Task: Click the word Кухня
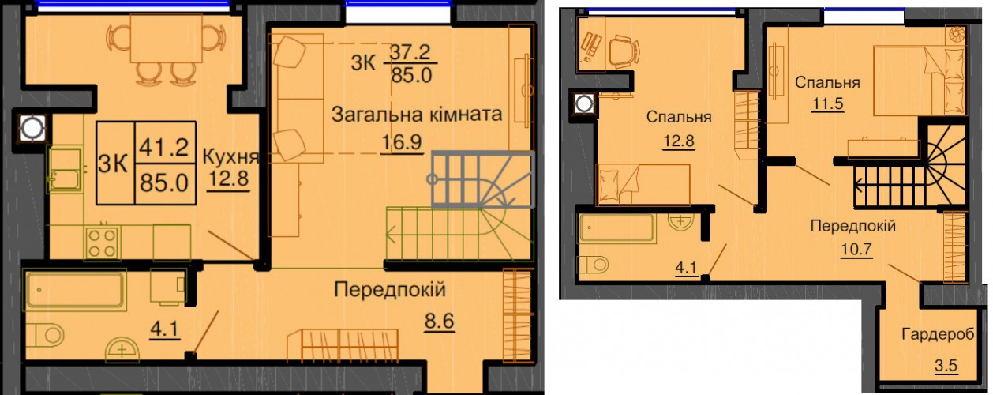point(230,156)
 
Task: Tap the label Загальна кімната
point(417,115)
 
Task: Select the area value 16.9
point(402,142)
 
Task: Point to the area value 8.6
point(440,322)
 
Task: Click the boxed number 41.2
point(164,146)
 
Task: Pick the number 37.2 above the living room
point(410,52)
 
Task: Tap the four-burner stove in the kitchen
point(103,243)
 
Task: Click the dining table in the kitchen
point(167,39)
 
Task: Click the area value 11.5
point(827,103)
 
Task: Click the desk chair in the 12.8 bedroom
point(624,51)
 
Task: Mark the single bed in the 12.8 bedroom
point(643,185)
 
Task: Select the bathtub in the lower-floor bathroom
point(76,289)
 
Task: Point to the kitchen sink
point(66,170)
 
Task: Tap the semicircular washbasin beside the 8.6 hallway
point(122,353)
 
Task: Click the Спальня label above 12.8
point(679,117)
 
